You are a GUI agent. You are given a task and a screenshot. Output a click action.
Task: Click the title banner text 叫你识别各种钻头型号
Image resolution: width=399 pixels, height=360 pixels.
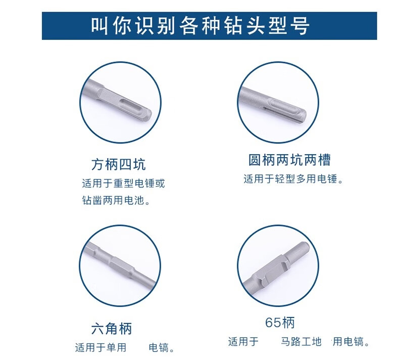coord(201,26)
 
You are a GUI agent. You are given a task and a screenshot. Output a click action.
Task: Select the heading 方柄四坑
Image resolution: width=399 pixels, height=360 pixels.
coord(119,164)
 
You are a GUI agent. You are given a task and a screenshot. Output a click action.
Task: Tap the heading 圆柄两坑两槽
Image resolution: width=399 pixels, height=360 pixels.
coord(289,160)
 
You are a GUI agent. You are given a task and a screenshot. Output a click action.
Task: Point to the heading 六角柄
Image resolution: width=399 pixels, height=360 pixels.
coord(112,329)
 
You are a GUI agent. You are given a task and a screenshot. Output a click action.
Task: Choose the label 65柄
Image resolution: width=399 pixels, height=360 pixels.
coord(280,322)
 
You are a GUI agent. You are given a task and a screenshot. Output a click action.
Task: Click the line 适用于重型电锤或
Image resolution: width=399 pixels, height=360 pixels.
coord(123,183)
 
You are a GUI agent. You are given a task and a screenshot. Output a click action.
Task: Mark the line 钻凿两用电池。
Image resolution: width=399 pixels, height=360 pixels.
coord(117,200)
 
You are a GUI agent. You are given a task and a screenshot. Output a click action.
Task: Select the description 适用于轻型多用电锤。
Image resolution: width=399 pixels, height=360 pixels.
coord(294,179)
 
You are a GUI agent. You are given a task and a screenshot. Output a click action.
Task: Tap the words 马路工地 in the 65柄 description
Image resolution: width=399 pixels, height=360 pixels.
coord(302,341)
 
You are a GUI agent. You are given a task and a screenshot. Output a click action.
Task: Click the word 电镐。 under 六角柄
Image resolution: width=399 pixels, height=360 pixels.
coord(162,347)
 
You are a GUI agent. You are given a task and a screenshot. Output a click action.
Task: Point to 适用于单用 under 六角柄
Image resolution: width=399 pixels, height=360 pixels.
coord(101,347)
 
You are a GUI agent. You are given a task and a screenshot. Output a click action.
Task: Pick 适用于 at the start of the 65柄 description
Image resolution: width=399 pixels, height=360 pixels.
coord(243,341)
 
